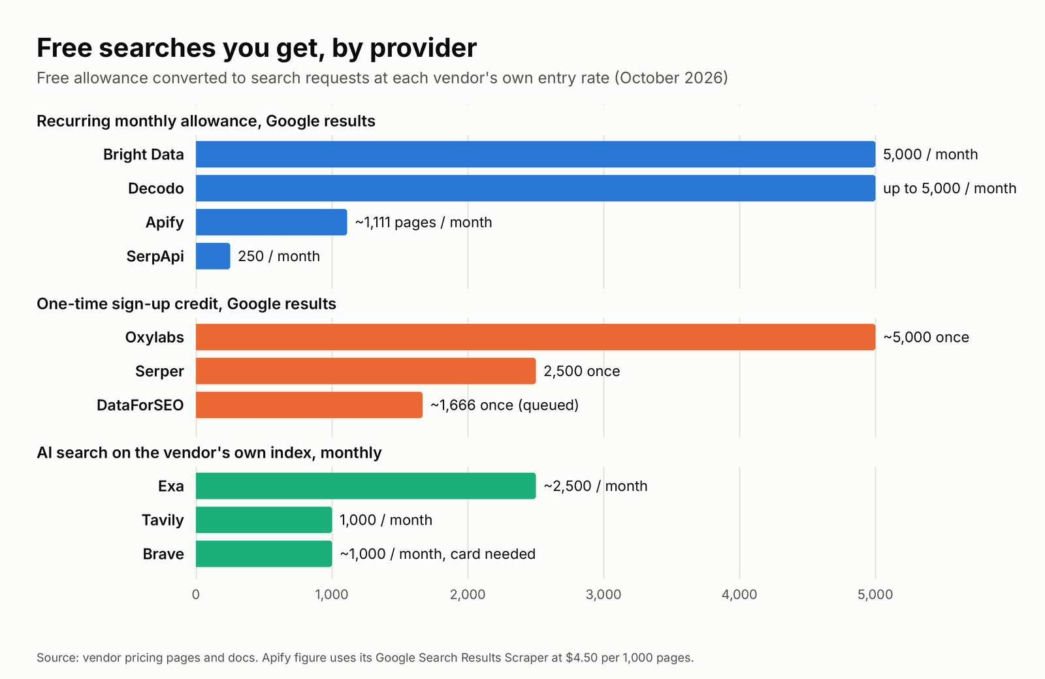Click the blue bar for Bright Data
point(536,154)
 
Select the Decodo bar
point(536,189)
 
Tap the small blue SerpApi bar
point(213,256)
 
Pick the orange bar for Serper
point(366,371)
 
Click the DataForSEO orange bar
point(310,405)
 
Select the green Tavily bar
point(264,520)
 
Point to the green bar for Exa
point(366,486)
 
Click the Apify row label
point(165,223)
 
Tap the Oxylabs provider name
point(154,337)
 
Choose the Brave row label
point(163,554)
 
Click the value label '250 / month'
point(279,256)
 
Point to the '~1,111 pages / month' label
point(424,223)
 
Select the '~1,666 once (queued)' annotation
point(504,405)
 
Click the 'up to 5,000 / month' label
point(950,189)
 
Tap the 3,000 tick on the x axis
point(603,595)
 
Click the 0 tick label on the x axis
point(196,595)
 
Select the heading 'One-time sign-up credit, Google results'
point(187,304)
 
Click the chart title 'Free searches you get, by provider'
point(257,48)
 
